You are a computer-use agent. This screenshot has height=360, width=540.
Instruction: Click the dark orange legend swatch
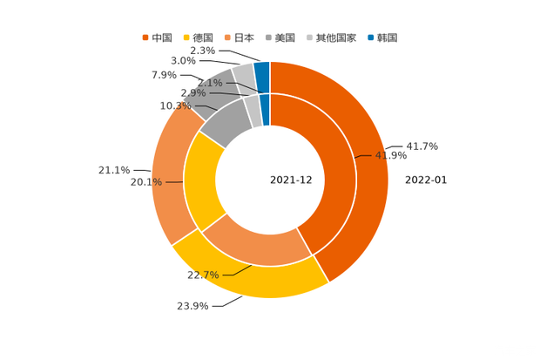click(145, 37)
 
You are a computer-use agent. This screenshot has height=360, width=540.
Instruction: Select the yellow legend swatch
click(186, 37)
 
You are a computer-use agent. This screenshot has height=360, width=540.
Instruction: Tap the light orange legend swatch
click(228, 37)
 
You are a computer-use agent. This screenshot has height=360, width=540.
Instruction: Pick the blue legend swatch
click(371, 37)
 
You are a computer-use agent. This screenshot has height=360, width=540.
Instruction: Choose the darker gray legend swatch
click(270, 37)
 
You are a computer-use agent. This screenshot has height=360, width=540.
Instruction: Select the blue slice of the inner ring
click(266, 108)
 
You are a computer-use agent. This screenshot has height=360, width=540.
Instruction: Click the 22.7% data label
click(202, 275)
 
